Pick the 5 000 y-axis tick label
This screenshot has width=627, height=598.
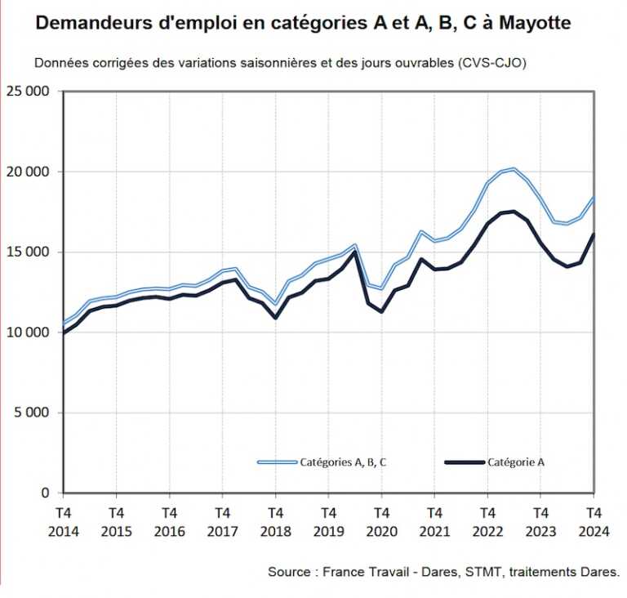click(32, 413)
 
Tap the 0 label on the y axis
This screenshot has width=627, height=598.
click(46, 493)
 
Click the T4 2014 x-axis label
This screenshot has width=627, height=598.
click(63, 522)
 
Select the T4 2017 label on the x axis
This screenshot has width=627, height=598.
click(222, 522)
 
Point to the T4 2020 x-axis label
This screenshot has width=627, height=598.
click(381, 522)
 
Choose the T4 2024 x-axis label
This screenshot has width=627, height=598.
click(593, 522)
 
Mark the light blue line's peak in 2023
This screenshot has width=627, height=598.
click(514, 169)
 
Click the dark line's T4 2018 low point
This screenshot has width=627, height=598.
click(275, 318)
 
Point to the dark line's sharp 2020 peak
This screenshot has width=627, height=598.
click(355, 251)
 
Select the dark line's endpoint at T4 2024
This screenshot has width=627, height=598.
click(593, 235)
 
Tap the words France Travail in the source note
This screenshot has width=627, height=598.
click(359, 573)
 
